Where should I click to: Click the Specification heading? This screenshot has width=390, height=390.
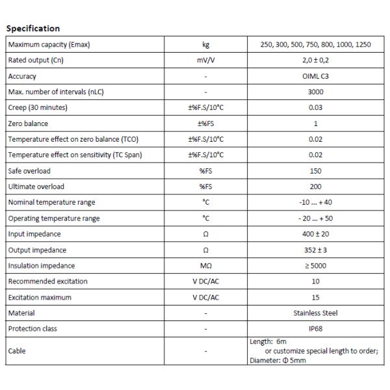[x=32, y=29]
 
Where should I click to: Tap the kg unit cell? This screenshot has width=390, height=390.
[x=205, y=45]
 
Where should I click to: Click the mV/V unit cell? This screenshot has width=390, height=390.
[x=205, y=60]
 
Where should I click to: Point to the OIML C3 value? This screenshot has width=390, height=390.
[x=315, y=76]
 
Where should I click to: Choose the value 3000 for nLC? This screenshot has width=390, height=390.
[x=315, y=92]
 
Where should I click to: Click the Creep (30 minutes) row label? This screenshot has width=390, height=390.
[x=38, y=107]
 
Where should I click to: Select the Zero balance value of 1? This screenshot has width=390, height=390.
[x=315, y=123]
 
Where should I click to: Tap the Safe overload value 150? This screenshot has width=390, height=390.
[x=315, y=171]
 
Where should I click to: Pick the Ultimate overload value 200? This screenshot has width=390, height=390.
[x=315, y=187]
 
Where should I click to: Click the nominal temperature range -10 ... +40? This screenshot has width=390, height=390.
[x=315, y=202]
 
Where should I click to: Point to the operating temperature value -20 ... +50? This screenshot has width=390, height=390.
[x=315, y=218]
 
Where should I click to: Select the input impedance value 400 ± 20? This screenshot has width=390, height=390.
[x=315, y=234]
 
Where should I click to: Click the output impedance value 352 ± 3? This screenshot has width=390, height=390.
[x=315, y=250]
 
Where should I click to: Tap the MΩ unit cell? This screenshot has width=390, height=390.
[x=205, y=266]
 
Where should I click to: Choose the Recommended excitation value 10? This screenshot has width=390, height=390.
[x=315, y=281]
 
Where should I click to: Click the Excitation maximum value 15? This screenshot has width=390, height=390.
[x=315, y=297]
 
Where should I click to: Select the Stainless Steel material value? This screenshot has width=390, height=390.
[x=315, y=313]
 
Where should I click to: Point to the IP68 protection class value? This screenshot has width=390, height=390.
[x=315, y=329]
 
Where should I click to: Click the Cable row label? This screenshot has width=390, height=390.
[x=18, y=351]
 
